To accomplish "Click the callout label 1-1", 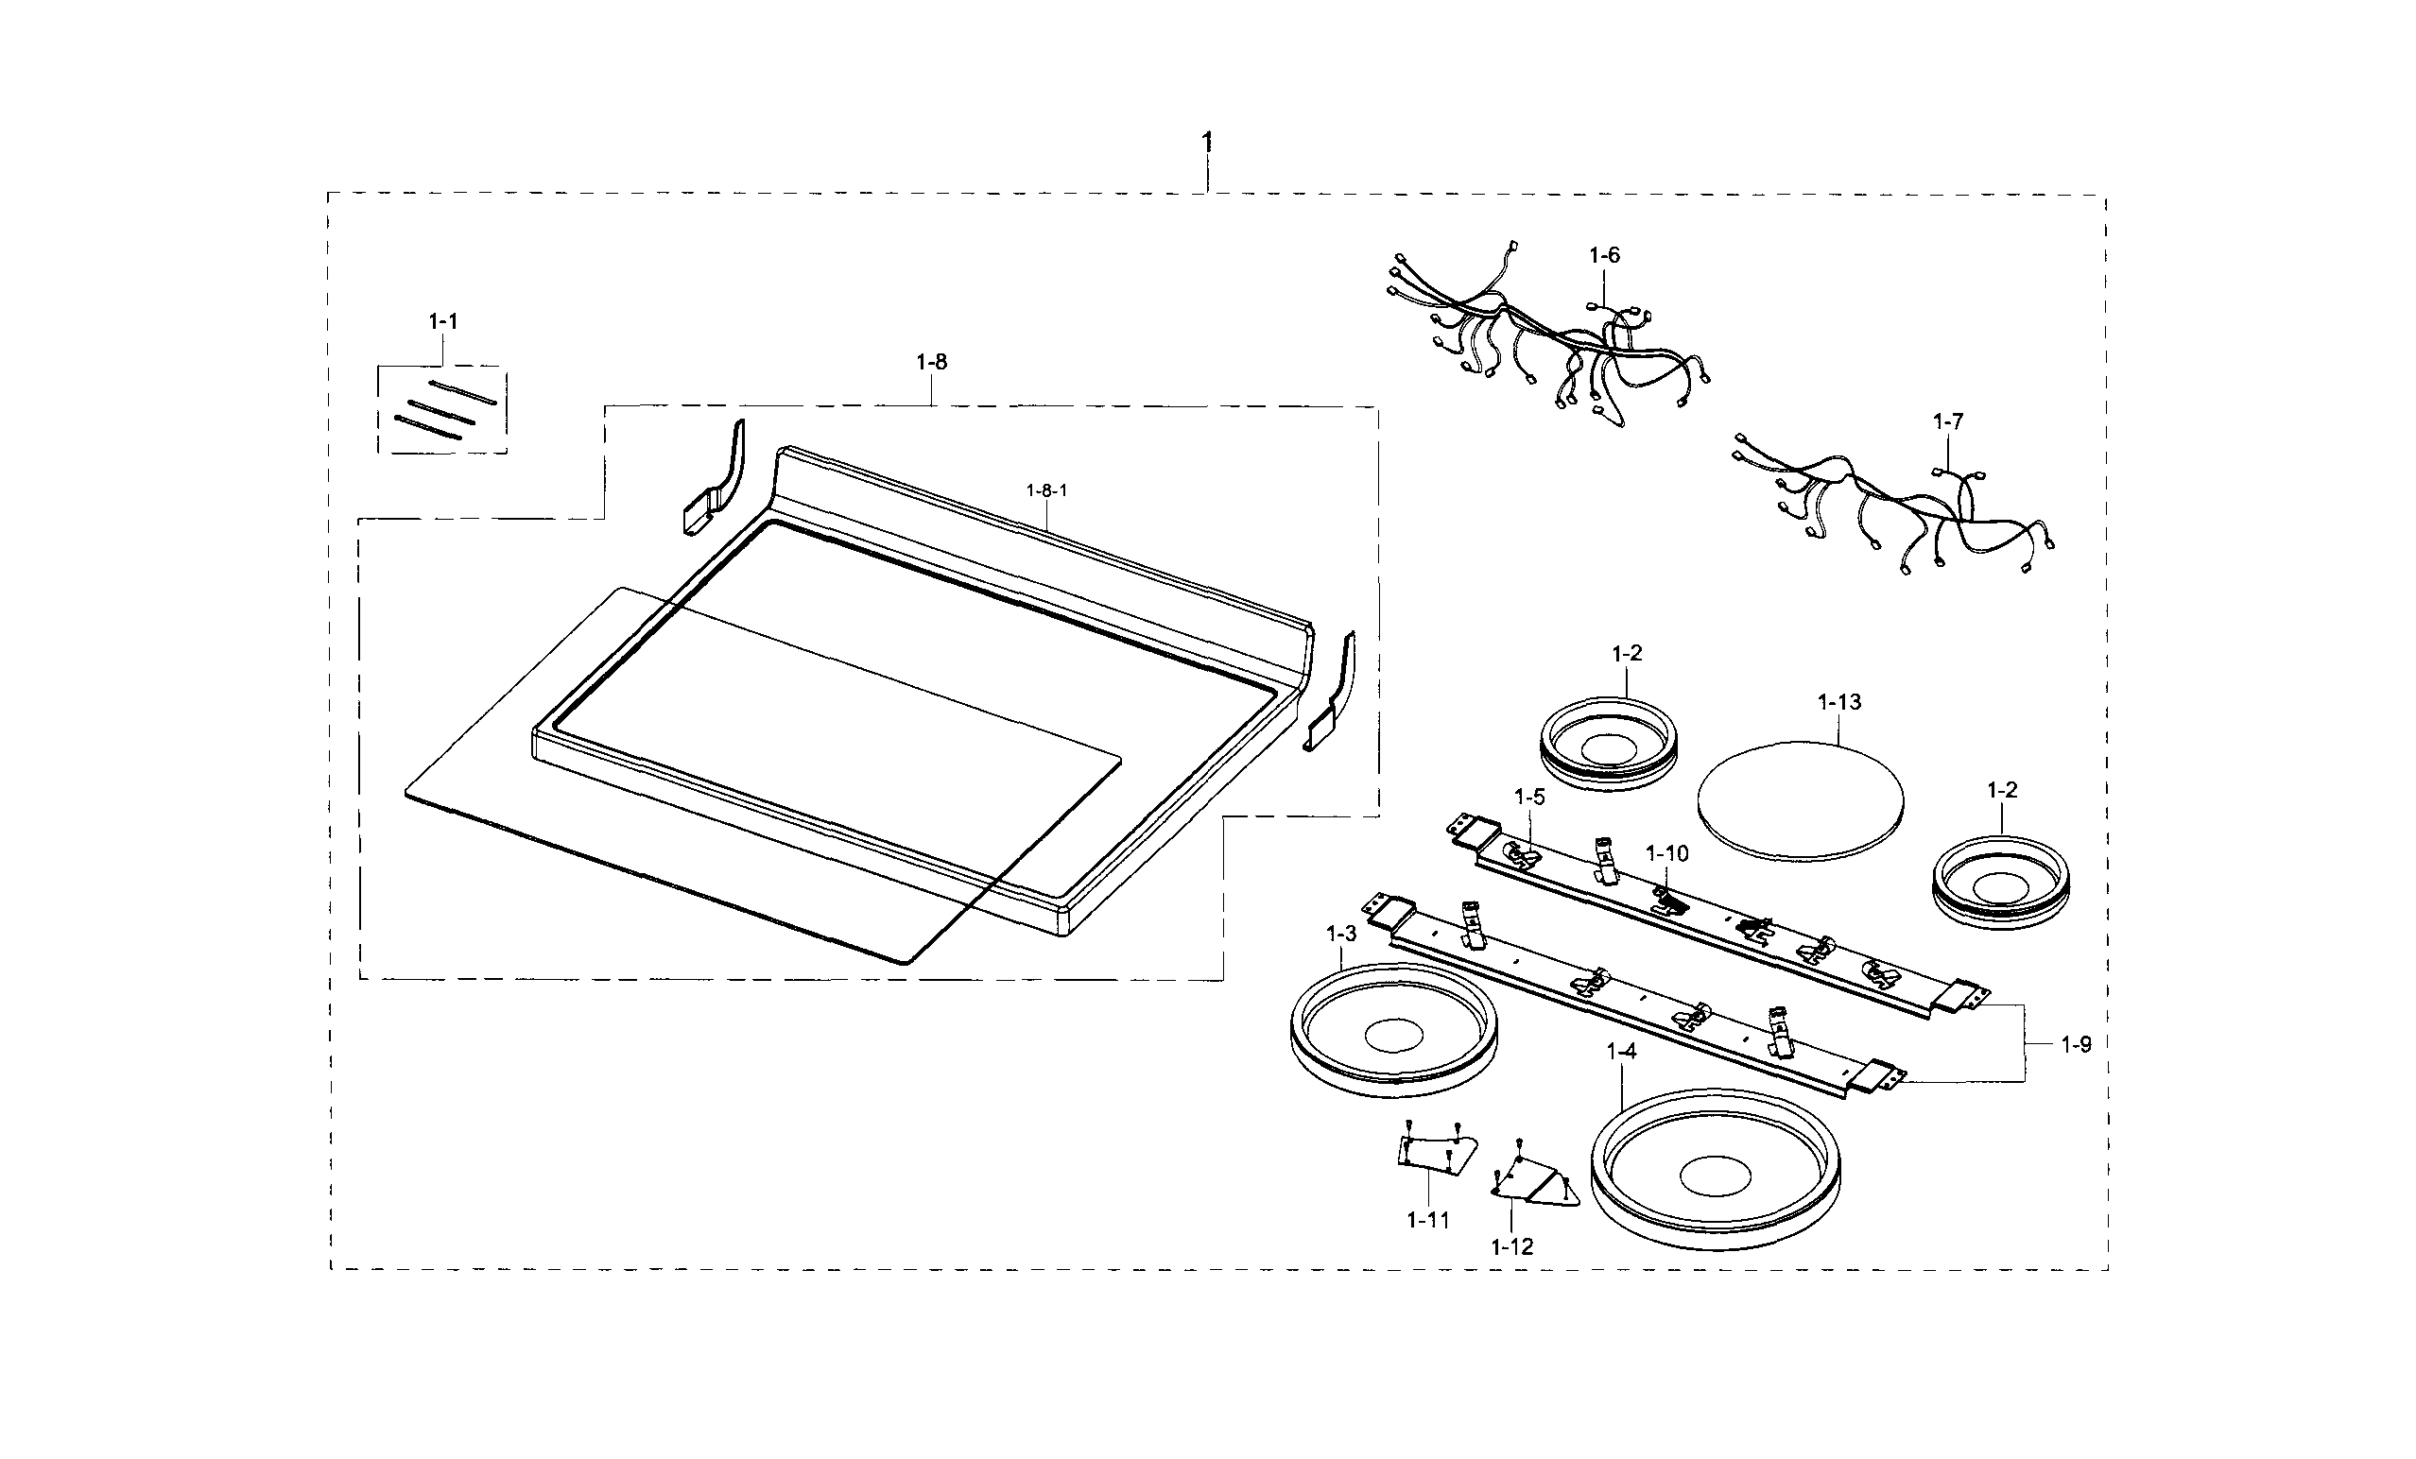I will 443,321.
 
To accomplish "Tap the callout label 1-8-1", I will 1046,491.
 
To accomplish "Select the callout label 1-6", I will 1604,256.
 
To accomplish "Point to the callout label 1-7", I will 1947,422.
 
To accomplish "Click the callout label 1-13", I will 1838,703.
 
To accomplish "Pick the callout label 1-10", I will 1666,854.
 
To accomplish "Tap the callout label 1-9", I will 2075,1045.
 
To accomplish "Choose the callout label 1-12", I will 1511,1247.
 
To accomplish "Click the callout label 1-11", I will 1427,1221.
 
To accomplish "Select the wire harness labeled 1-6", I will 1549,338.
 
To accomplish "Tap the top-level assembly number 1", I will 1207,143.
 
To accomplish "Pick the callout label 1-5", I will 1528,798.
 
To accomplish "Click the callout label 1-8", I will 931,363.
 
